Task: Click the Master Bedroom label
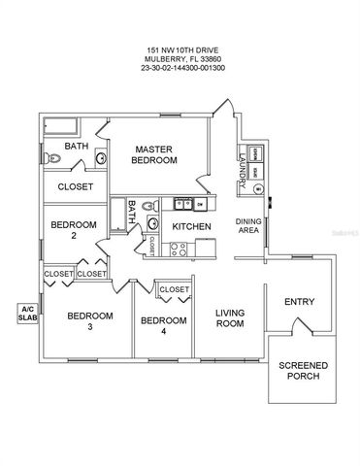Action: (155, 154)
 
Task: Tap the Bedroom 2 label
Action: (73, 230)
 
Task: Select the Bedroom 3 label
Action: (89, 321)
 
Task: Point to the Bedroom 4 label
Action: (162, 325)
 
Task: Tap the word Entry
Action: (298, 302)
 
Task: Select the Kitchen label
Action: (191, 226)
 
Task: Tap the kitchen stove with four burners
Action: (178, 249)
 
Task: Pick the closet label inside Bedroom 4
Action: (174, 289)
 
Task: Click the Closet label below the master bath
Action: (75, 185)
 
